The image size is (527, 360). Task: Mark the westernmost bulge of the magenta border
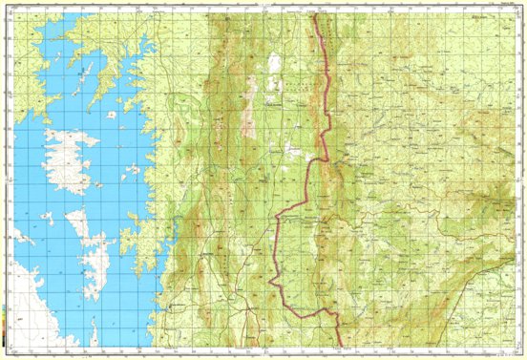tap(271, 282)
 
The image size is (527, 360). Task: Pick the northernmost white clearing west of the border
tap(275, 64)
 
